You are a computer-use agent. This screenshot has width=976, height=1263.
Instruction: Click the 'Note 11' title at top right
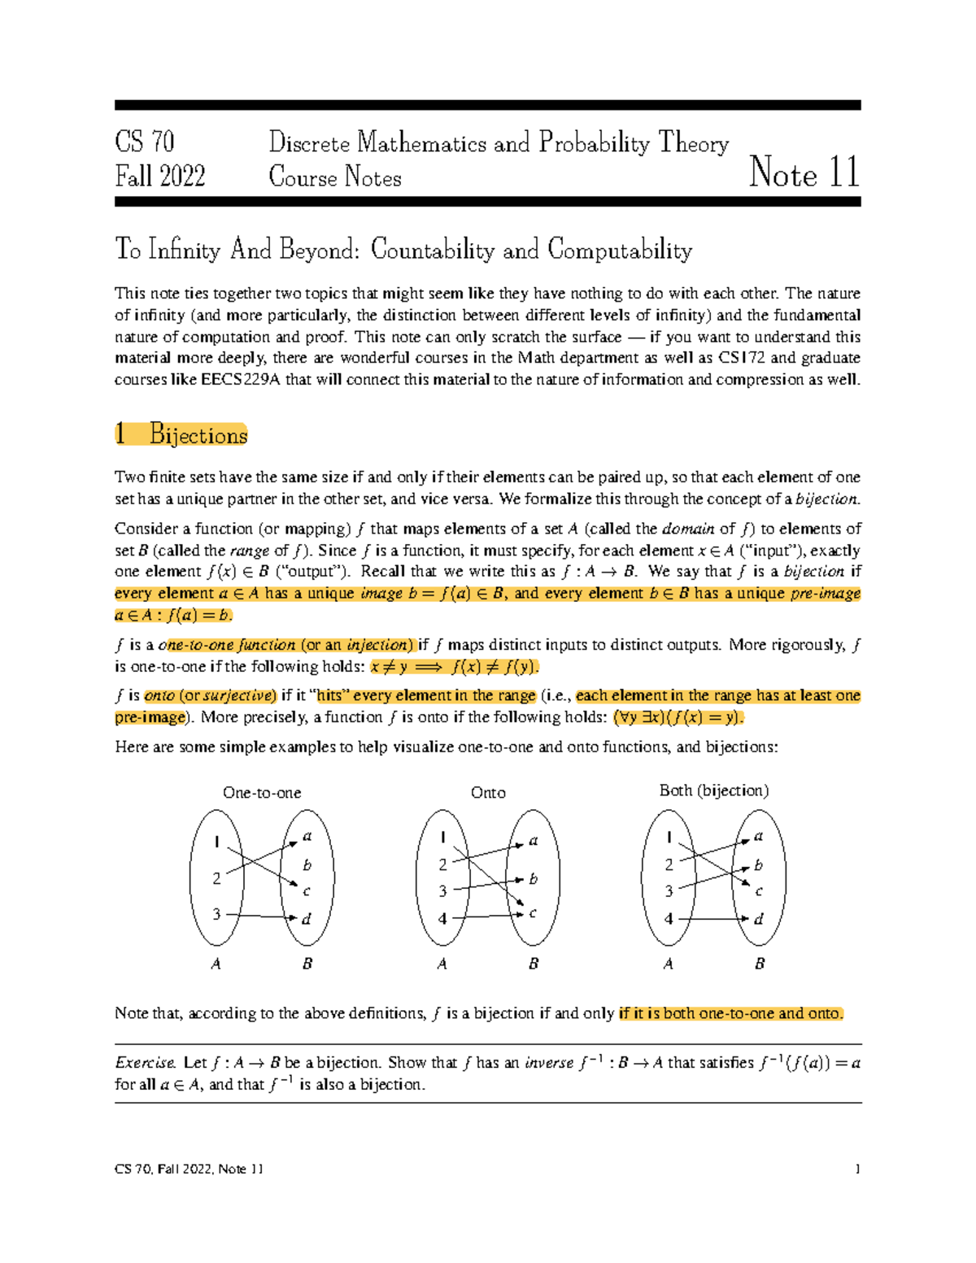[x=804, y=172]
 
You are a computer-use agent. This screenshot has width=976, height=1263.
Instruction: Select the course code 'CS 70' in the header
[x=145, y=142]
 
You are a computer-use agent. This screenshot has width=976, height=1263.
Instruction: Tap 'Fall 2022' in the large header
[x=160, y=176]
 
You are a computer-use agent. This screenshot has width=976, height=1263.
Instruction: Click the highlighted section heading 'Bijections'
[x=198, y=435]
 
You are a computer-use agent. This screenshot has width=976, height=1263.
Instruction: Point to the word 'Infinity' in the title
[x=184, y=249]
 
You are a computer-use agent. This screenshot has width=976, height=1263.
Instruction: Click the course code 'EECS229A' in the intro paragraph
[x=240, y=380]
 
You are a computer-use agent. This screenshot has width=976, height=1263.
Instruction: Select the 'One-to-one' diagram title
[x=262, y=792]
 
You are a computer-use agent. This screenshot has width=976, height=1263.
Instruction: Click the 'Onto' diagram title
[x=488, y=792]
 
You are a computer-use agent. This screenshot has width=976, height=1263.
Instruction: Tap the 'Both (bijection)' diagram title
[x=713, y=790]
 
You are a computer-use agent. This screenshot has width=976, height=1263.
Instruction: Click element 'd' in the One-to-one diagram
[x=307, y=919]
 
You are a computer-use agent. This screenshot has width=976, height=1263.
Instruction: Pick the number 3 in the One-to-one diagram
[x=216, y=914]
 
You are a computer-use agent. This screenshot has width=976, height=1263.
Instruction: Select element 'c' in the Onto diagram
[x=533, y=912]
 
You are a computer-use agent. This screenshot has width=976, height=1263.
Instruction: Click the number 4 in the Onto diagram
[x=442, y=918]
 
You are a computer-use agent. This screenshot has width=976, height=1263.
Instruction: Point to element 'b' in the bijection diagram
[x=758, y=865]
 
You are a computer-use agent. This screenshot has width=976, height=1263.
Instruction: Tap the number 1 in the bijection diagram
[x=669, y=838]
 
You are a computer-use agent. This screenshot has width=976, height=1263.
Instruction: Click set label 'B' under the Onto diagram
[x=534, y=964]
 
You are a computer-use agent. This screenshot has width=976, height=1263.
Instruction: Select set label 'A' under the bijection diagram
[x=668, y=964]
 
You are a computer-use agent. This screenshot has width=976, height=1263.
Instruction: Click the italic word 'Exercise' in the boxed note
[x=145, y=1062]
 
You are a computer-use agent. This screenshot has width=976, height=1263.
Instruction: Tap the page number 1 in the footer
[x=857, y=1169]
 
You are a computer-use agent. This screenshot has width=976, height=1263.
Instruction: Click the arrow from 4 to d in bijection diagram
[x=712, y=919]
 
